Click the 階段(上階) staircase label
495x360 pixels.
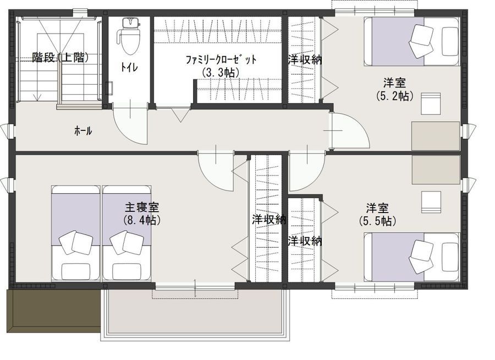pos(61,57)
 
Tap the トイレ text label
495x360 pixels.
pos(129,67)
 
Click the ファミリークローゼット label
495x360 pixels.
pos(221,60)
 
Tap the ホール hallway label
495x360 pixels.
pos(83,131)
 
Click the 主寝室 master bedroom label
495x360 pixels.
pos(142,208)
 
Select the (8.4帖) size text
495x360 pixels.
pos(142,220)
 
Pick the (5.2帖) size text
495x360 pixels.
pos(394,96)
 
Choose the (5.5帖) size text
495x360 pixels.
pos(378,221)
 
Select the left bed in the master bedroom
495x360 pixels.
pos(76,233)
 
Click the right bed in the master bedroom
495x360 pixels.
pos(127,233)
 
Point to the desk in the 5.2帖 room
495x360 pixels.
pos(436,135)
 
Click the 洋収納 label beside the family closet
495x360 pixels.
pos(304,59)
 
